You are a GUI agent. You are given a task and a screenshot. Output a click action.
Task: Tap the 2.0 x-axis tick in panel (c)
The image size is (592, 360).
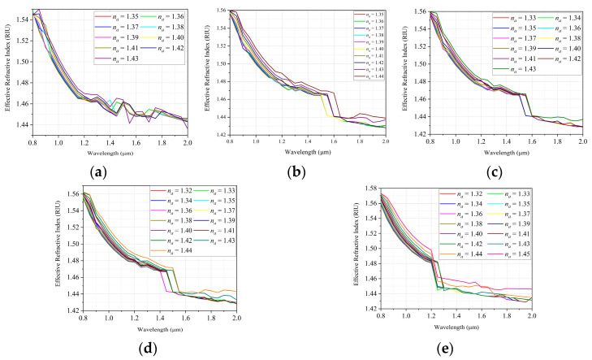click(x=581, y=140)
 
